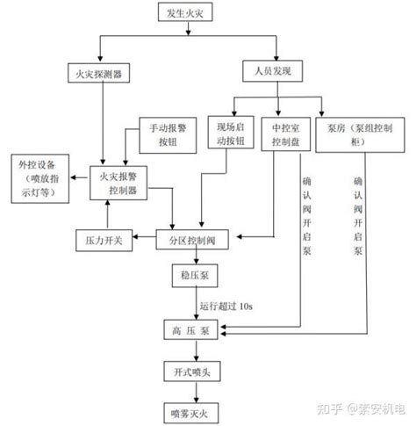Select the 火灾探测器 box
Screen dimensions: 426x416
tap(101, 71)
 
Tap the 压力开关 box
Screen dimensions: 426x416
tap(104, 240)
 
